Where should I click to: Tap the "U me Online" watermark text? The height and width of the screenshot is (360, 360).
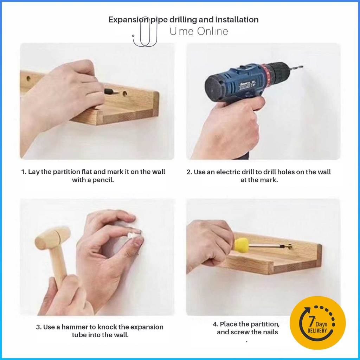(199, 31)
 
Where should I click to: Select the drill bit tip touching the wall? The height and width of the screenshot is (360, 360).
(301, 67)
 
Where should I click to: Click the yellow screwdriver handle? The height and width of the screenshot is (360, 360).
(241, 244)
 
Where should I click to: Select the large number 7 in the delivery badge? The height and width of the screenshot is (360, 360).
(311, 321)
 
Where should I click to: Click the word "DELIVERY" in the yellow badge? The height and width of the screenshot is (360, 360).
(317, 331)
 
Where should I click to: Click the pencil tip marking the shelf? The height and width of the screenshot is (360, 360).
(117, 93)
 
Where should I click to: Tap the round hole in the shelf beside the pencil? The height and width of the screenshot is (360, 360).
(125, 94)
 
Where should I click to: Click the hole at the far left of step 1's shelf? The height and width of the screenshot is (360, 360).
(28, 78)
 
